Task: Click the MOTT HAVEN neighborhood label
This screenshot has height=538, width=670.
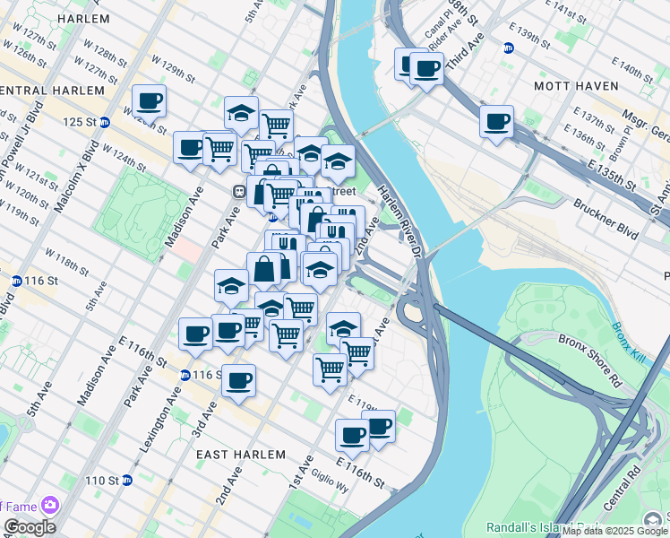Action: (x=576, y=85)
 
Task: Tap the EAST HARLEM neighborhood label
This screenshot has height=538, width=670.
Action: (x=242, y=455)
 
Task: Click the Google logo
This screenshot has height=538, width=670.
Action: (x=30, y=527)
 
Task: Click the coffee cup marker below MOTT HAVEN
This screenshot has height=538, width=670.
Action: (x=495, y=122)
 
